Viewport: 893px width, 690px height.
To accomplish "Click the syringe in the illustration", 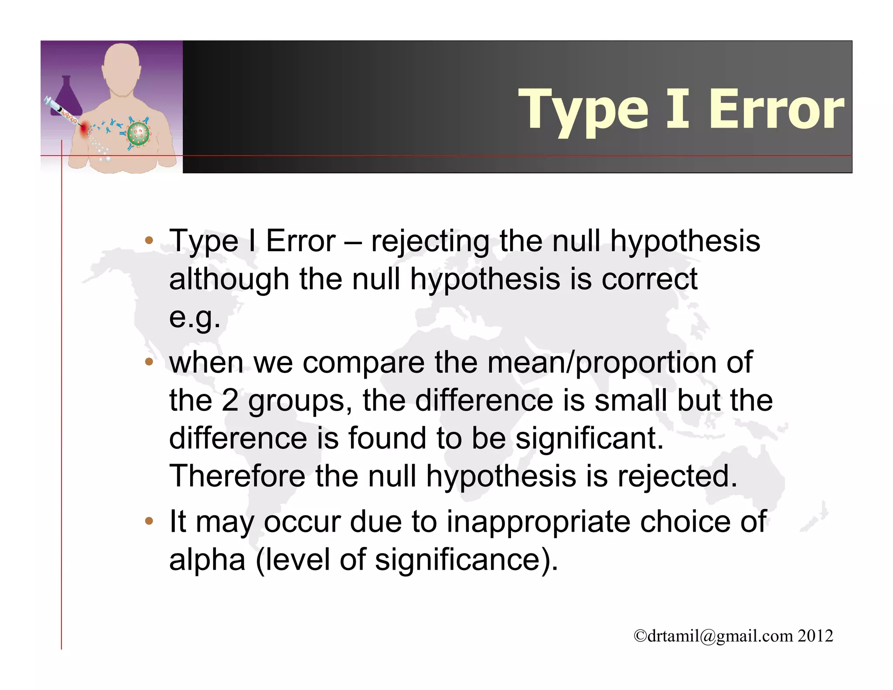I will coord(61,111).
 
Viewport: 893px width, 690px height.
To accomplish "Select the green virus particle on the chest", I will coord(138,133).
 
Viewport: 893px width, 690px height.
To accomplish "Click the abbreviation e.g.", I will coord(194,317).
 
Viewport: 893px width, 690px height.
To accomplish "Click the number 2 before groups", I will coord(230,400).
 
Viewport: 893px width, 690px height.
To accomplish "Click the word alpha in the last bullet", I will coord(207,560).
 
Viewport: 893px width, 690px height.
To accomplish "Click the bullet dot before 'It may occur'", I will coord(149,521).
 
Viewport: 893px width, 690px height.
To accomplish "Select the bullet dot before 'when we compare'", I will coord(149,362).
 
